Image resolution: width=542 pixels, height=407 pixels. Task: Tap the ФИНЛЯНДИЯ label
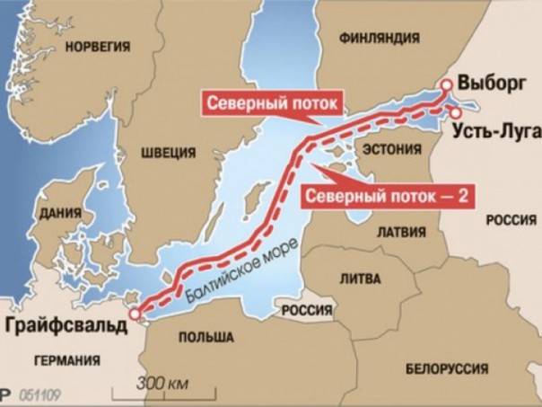point(379,38)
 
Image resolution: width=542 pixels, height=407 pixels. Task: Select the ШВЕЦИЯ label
point(168,152)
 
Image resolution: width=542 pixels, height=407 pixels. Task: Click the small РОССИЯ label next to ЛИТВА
point(308,310)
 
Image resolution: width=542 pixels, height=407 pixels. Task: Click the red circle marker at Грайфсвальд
point(135,315)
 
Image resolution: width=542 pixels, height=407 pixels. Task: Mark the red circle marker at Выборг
point(446,84)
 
